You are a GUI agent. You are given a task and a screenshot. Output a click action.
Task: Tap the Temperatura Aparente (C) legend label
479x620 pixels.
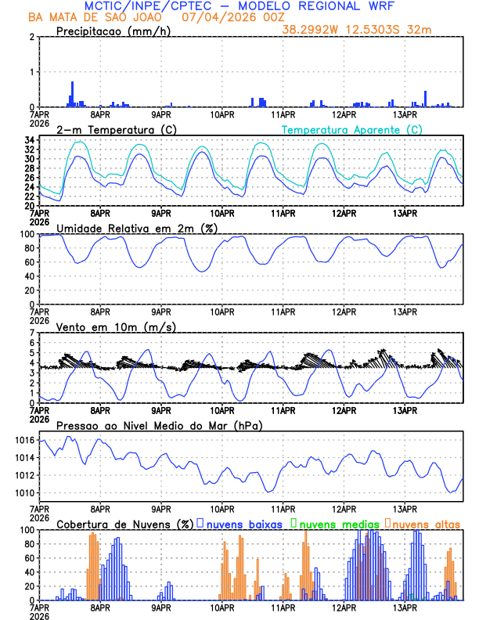point(351,129)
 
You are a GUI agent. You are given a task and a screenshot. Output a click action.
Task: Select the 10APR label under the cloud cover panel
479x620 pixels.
point(222,607)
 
